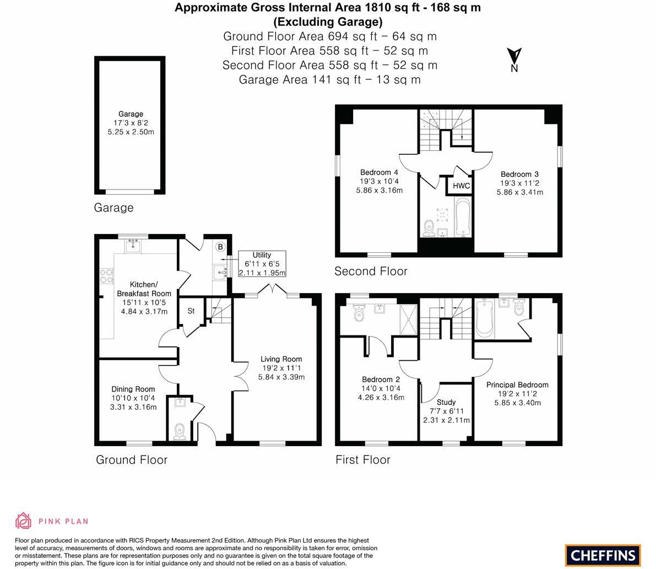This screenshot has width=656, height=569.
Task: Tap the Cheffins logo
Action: tap(603, 555)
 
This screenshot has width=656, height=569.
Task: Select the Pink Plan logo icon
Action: tap(24, 521)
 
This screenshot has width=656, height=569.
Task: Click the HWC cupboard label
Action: tap(462, 186)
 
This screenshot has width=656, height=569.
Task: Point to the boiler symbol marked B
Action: tap(220, 247)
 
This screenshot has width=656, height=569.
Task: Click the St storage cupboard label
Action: tap(191, 311)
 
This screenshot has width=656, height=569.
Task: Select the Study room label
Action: tap(446, 402)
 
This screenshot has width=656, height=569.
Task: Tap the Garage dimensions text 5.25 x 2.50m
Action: tap(131, 132)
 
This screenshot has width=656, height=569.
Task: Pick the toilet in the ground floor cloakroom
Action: tap(179, 431)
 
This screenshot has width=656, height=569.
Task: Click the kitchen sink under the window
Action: tap(133, 246)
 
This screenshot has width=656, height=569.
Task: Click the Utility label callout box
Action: tap(262, 264)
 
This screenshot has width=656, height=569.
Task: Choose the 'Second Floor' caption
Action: tap(371, 271)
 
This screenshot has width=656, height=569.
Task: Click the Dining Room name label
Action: tap(133, 389)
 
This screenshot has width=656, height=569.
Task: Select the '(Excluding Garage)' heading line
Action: tap(328, 21)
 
